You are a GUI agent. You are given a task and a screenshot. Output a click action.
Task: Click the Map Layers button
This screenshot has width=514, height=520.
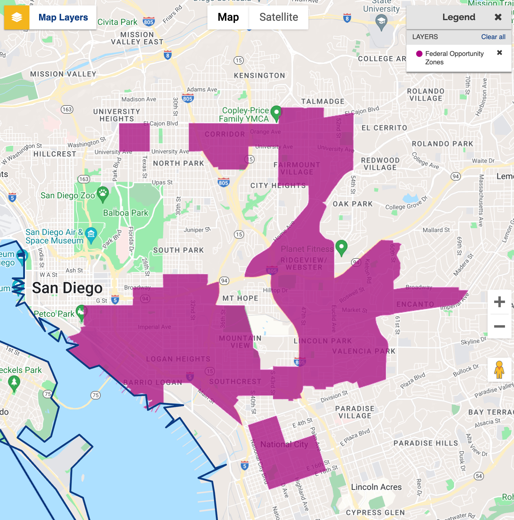point(50,17)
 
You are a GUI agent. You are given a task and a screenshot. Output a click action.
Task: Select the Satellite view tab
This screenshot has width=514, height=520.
point(279,17)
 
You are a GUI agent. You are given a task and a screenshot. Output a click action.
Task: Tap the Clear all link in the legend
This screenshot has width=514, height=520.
point(493,37)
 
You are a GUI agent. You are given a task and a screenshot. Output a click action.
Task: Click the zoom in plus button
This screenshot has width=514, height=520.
point(499,302)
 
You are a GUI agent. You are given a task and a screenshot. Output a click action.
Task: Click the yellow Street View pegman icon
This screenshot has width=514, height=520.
point(499,369)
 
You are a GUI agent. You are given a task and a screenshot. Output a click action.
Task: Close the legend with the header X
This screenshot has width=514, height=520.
point(498,17)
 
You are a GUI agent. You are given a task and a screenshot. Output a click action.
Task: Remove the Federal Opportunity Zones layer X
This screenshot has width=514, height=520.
point(500,53)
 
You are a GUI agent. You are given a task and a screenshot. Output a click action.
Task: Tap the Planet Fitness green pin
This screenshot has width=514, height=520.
point(341,247)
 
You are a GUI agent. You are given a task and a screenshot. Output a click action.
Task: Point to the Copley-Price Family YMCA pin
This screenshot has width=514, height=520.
point(276,113)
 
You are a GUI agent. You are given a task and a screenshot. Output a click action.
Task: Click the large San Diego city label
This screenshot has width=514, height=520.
point(67,288)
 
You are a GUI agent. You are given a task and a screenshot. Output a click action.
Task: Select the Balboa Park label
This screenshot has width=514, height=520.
point(126,213)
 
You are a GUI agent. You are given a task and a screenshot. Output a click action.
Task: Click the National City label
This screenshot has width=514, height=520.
point(284,444)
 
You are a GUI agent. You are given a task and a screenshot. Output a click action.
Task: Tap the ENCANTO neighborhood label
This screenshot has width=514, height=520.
point(415,304)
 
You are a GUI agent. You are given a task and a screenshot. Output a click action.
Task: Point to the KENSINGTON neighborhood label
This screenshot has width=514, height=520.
point(259,75)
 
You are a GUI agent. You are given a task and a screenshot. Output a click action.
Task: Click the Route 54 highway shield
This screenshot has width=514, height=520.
point(479,476)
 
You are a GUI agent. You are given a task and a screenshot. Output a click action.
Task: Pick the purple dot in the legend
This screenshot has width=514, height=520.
point(419,54)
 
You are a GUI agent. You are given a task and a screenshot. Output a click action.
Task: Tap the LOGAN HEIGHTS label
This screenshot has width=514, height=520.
point(178,359)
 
